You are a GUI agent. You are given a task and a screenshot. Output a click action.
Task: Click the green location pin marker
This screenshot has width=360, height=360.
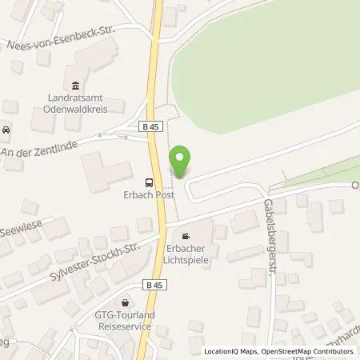pos(180,162)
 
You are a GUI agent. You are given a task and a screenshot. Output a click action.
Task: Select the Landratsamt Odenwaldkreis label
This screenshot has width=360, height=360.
pos(76,103)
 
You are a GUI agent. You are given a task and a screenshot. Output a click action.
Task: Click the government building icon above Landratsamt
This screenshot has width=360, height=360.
pos(76,86)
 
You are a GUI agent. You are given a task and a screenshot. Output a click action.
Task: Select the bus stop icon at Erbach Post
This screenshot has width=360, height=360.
pos(149,182)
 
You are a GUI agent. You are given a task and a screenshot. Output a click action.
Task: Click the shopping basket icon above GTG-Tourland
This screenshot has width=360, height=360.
pos(126,303)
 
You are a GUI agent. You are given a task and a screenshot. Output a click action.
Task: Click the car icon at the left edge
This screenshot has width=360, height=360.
pos(6,130)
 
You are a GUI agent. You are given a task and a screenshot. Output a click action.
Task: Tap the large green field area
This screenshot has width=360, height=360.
pos(264,80)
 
